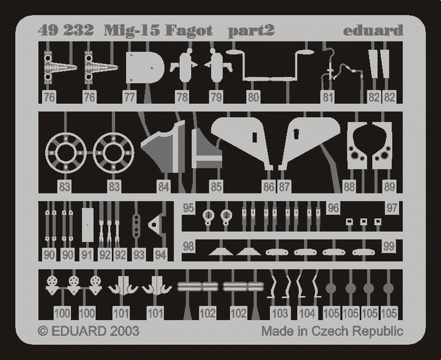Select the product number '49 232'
tap(63, 31)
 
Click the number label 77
tap(129, 97)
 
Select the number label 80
tap(254, 97)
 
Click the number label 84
tap(163, 187)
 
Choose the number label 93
tap(139, 255)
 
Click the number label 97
tap(392, 207)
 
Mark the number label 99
tap(388, 246)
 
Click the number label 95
tap(189, 207)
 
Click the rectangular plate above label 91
tap(87, 224)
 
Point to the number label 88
tap(349, 187)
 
